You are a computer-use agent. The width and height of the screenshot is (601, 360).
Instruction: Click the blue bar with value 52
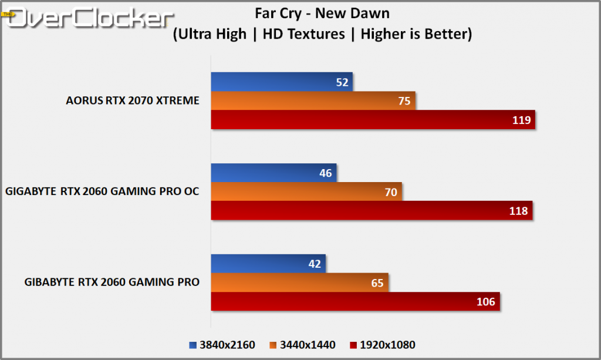point(282,82)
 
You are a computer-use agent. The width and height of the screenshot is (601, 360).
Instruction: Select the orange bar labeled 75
point(313,101)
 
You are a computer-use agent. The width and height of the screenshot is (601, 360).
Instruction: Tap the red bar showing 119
point(373,120)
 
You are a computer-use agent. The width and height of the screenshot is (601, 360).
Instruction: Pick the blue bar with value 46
point(274,173)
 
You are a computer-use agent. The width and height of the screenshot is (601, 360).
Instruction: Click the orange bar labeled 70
point(306,191)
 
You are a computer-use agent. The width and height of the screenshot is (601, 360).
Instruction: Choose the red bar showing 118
point(372,210)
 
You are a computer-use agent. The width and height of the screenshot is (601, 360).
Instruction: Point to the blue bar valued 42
point(268,264)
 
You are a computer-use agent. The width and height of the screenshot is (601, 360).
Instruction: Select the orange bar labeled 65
point(299,282)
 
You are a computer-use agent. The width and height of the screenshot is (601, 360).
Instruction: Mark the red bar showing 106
point(355,301)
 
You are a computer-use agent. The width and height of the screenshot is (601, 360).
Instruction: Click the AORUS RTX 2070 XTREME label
point(133,100)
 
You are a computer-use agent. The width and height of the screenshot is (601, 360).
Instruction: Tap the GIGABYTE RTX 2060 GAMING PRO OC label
point(102,191)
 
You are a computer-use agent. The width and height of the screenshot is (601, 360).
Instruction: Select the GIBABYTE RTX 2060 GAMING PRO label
point(112,282)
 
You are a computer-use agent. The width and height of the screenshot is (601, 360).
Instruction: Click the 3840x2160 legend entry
point(222,345)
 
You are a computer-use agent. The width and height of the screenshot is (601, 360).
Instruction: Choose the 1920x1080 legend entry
point(382,345)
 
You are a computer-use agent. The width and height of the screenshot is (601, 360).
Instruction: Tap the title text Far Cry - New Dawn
point(322,12)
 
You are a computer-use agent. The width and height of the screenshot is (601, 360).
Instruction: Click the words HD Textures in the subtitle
point(303,34)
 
